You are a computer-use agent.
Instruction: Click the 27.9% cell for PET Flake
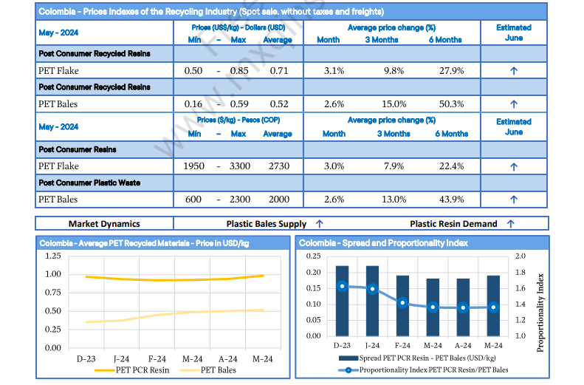click(x=451, y=71)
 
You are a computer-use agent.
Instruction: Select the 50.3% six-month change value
click(x=451, y=104)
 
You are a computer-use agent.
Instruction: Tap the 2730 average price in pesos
click(x=278, y=166)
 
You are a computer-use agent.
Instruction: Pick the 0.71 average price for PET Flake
click(x=278, y=71)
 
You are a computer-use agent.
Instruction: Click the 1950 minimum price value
click(x=193, y=166)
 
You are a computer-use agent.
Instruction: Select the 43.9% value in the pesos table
click(x=451, y=199)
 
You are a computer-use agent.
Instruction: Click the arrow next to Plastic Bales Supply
click(x=319, y=223)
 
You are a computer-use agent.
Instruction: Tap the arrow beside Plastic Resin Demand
click(x=510, y=223)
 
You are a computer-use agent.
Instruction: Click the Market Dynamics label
click(x=104, y=223)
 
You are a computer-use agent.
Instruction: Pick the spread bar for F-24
click(x=402, y=306)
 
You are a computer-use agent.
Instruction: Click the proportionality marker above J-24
click(x=372, y=289)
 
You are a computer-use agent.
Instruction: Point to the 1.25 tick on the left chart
click(x=53, y=256)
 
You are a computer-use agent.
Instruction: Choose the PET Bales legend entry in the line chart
click(x=218, y=369)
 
